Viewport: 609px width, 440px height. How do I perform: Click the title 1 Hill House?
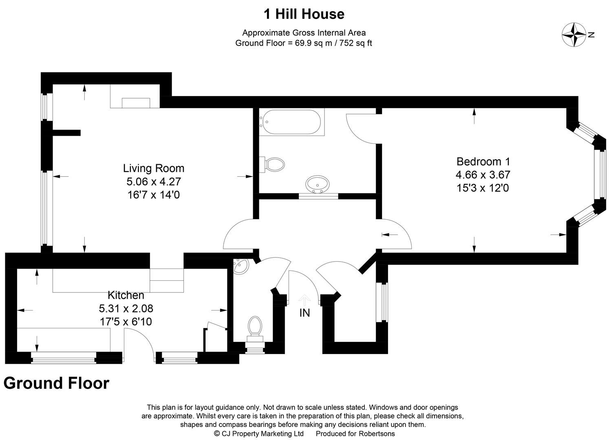click(304, 14)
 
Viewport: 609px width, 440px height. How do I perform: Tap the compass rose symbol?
click(574, 35)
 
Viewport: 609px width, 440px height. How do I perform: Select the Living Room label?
click(154, 168)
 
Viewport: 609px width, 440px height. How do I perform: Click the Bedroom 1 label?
click(483, 161)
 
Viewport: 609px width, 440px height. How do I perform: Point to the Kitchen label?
click(126, 295)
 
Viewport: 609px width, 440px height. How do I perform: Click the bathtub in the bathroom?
click(291, 123)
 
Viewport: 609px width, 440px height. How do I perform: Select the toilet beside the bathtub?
click(274, 165)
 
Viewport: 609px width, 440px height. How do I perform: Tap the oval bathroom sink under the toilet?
click(317, 184)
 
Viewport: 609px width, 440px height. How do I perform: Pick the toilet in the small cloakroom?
click(256, 326)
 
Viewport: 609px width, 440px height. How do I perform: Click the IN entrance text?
click(304, 313)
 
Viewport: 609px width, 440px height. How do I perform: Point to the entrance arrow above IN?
click(304, 300)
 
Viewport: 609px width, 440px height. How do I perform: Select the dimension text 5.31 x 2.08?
click(126, 308)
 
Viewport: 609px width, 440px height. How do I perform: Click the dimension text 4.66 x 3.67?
click(483, 175)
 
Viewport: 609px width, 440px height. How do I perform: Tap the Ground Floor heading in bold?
click(56, 383)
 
